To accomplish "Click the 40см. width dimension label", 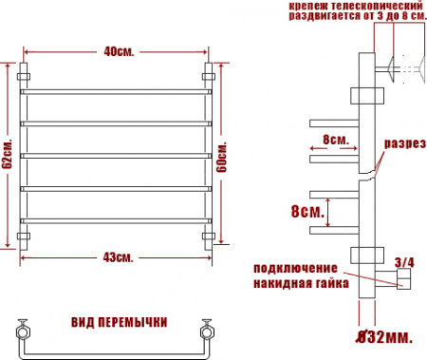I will coord(118,51).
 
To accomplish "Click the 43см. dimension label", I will coord(118,258).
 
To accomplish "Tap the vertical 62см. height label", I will coord(7,160).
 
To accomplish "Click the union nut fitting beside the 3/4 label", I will coord(403,277).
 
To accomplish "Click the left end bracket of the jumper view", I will coord(21,332).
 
